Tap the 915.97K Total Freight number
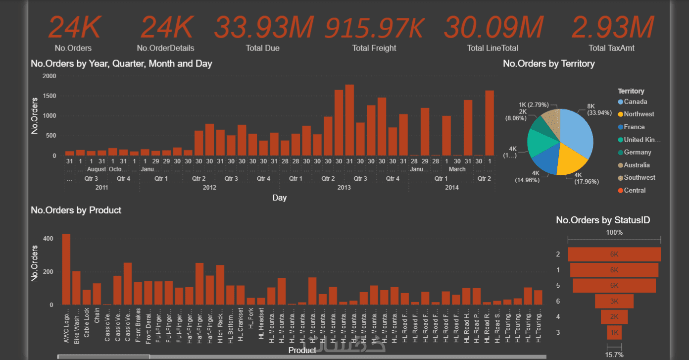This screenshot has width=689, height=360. (374, 28)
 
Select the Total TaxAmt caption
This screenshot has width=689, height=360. (612, 48)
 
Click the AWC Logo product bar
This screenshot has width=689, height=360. (66, 269)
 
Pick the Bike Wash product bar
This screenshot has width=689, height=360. (76, 288)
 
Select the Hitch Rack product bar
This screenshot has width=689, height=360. (220, 285)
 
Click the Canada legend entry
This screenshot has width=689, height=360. (635, 102)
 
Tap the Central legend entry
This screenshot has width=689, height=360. (635, 190)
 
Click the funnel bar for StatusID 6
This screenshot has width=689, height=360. (614, 301)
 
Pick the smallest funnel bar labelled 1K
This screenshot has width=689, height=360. (614, 332)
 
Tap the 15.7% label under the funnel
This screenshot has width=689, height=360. (614, 354)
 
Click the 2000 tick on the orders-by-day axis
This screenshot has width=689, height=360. (49, 76)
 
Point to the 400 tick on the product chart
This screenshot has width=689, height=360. (48, 238)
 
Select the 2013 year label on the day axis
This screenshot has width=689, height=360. (344, 188)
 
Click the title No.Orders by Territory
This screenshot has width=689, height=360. (548, 63)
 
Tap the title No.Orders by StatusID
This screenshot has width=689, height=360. (603, 220)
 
